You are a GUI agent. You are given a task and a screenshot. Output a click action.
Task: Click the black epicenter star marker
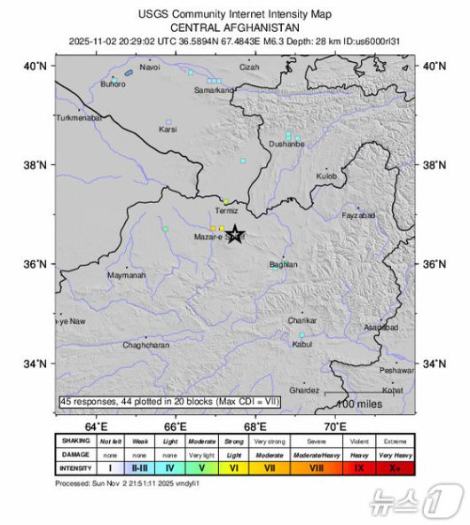click(235, 235)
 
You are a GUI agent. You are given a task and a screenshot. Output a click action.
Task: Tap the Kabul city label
click(302, 343)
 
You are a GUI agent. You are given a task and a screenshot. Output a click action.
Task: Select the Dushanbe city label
click(286, 143)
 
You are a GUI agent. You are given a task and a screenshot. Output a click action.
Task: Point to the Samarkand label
click(214, 90)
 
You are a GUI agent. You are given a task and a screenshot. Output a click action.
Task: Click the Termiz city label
click(226, 211)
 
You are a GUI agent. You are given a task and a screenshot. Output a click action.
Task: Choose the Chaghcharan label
click(145, 345)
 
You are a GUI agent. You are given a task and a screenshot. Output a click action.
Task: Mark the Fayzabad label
click(359, 215)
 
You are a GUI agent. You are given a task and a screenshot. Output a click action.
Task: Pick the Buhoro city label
click(113, 84)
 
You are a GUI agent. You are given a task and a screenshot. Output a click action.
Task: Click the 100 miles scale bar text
click(359, 404)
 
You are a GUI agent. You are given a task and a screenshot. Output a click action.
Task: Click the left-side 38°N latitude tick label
click(36, 164)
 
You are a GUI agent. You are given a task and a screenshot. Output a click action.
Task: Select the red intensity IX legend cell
click(358, 466)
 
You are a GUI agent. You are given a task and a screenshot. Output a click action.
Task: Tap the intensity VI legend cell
click(234, 466)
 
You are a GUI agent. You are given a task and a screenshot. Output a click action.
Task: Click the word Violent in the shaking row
click(358, 441)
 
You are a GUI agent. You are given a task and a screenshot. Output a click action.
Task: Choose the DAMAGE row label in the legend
click(76, 453)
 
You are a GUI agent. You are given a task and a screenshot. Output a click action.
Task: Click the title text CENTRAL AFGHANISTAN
click(234, 27)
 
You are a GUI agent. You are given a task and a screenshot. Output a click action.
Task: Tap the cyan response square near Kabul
click(302, 335)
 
